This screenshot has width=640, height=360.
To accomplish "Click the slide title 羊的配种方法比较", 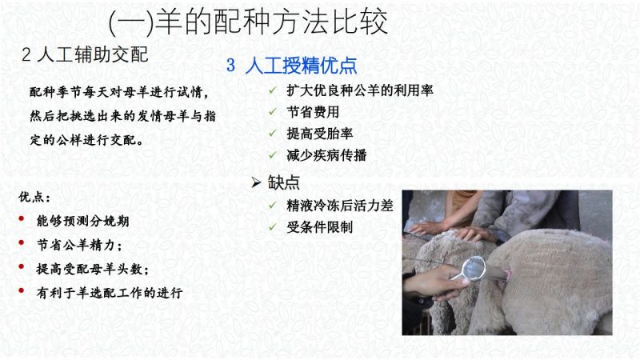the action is click(x=271, y=22).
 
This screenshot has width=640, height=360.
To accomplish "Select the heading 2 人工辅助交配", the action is click(x=85, y=54).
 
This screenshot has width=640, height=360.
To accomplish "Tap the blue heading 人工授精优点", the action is click(x=302, y=66).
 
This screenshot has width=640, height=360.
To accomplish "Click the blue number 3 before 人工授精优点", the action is click(x=230, y=66).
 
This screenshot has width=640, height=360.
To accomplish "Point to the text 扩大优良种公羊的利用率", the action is click(x=359, y=90).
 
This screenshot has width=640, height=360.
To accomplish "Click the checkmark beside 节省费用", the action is click(x=273, y=111).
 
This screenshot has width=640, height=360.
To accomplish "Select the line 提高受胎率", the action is click(x=319, y=134).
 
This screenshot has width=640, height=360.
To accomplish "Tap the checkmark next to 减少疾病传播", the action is click(x=273, y=154).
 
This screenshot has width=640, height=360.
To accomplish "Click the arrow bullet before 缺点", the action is click(x=256, y=182).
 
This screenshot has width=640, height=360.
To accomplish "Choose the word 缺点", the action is click(x=284, y=182).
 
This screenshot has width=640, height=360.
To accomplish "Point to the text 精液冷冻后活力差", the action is click(x=339, y=206).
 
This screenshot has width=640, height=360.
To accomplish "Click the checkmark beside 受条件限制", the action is click(x=273, y=226).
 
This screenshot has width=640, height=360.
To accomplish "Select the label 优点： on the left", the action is click(x=34, y=197).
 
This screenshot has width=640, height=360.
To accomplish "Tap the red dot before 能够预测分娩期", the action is click(x=22, y=219).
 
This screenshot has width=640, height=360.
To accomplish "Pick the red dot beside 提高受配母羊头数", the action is click(x=22, y=267).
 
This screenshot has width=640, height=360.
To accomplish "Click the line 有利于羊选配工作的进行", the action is click(x=110, y=293).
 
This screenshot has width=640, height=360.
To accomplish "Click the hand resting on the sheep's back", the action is click(x=474, y=234).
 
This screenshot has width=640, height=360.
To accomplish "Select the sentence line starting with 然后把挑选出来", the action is click(x=122, y=116).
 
